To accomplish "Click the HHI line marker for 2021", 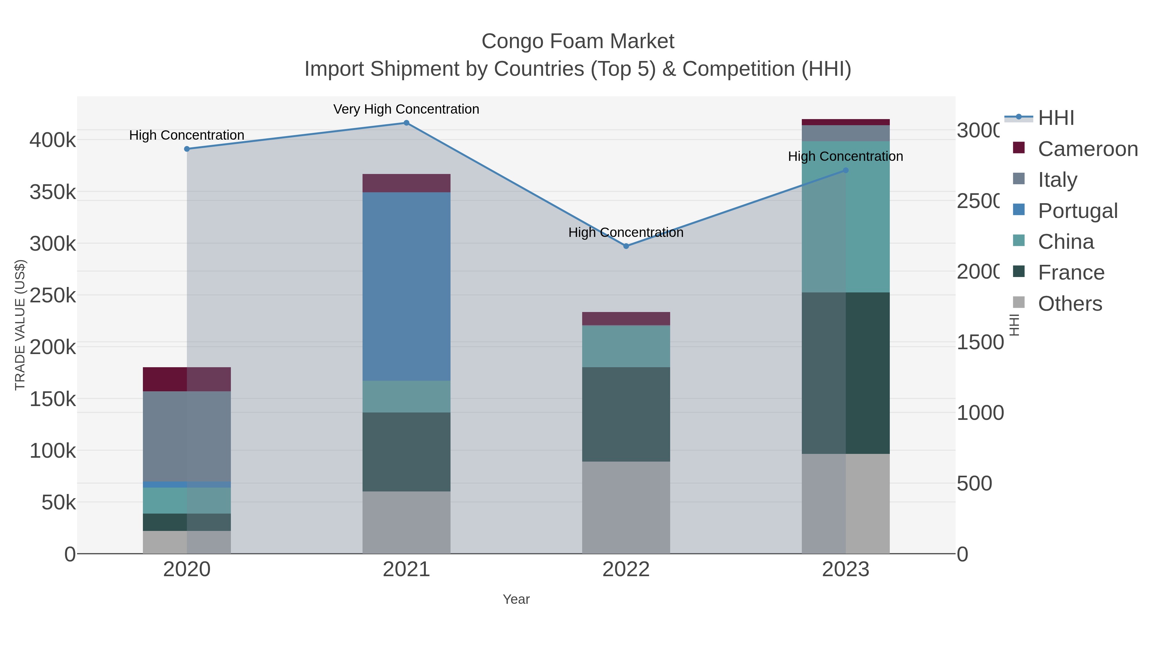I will (x=406, y=123).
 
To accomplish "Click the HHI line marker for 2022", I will (x=626, y=246).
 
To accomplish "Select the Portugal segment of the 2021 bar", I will (x=406, y=286).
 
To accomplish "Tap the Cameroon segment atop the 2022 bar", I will (x=626, y=318).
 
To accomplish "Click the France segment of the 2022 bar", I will (x=626, y=414).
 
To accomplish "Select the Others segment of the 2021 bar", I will (x=406, y=522).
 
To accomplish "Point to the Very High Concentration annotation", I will (x=406, y=109).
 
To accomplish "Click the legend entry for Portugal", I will (x=1077, y=211).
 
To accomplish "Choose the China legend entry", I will (x=1066, y=242).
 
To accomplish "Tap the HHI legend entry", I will (x=1056, y=118).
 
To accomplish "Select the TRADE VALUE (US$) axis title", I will (x=20, y=325).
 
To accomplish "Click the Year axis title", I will (x=516, y=599).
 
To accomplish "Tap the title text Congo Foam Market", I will (x=578, y=42).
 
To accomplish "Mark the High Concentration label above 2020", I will (x=187, y=135).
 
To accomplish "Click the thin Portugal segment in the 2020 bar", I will (x=187, y=484).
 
